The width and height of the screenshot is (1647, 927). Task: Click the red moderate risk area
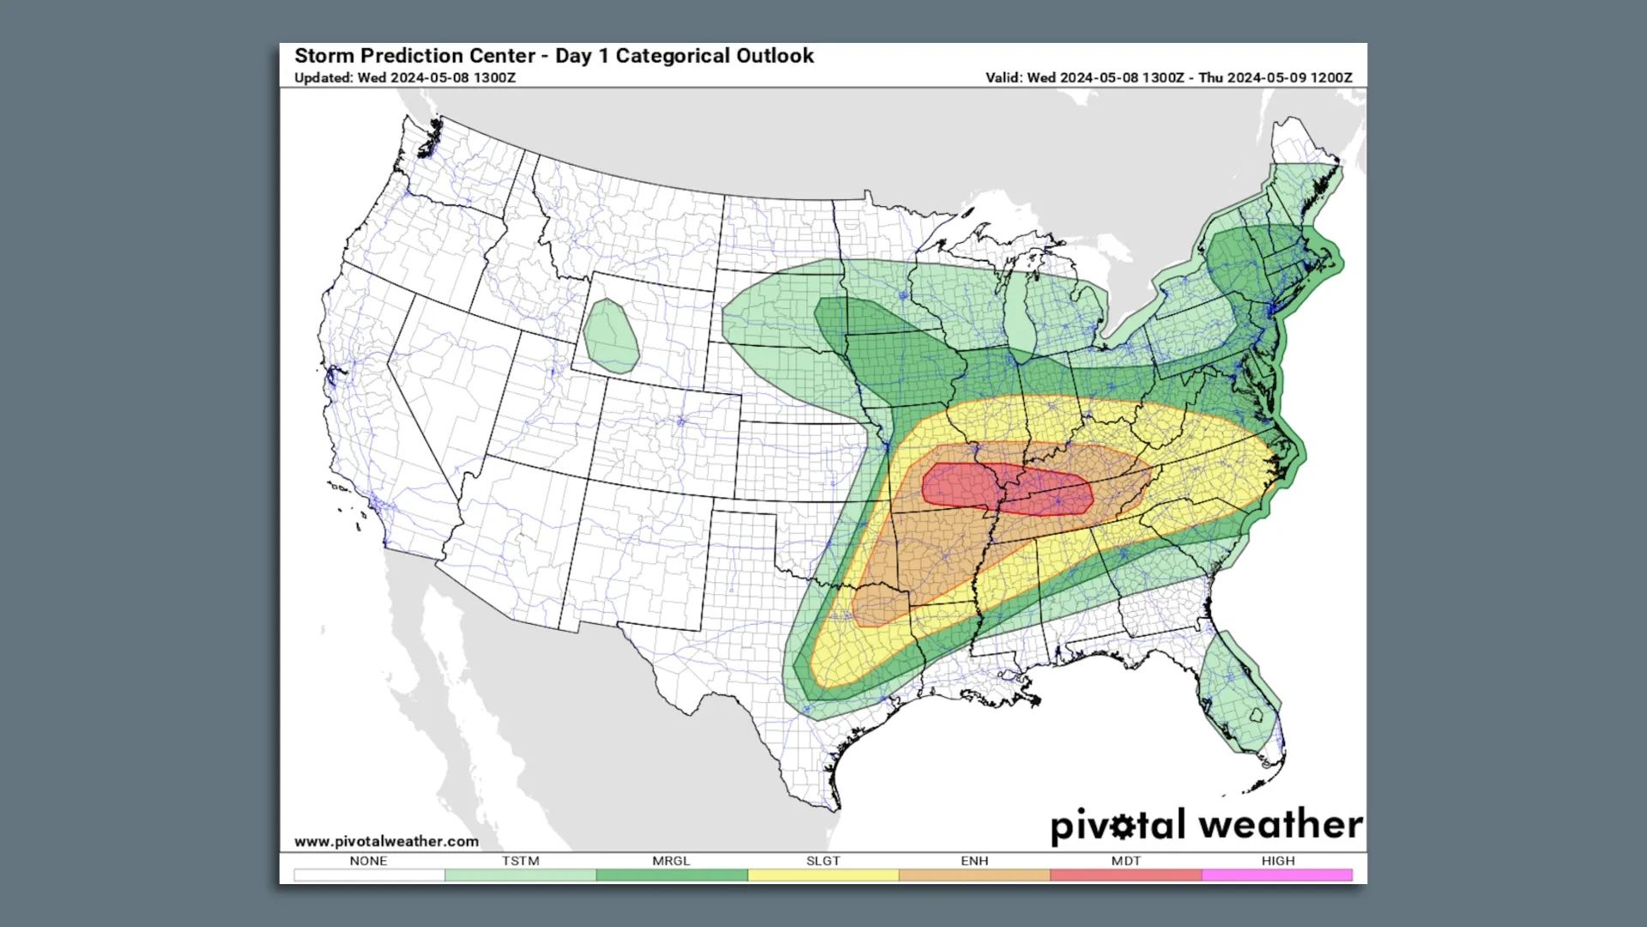tap(1004, 489)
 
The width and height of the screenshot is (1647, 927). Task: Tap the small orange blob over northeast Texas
tap(875, 604)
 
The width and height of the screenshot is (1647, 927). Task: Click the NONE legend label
tap(368, 860)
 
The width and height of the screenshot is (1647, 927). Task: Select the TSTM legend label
tap(520, 860)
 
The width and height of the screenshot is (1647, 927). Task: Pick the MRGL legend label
tap(671, 860)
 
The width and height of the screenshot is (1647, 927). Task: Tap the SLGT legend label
tap(823, 860)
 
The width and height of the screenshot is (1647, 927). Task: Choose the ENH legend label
tap(974, 860)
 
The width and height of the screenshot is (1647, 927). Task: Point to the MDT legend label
tap(1125, 860)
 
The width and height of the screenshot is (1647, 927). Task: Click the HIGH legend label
tap(1277, 860)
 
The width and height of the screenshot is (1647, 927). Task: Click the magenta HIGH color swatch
tap(1277, 875)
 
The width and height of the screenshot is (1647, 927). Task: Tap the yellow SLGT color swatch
tap(823, 875)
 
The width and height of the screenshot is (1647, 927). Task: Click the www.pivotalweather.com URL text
tap(386, 841)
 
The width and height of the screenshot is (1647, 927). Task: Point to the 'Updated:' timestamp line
tap(405, 77)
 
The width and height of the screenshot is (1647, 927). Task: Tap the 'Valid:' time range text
tap(1168, 77)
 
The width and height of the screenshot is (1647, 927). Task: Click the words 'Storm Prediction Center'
tap(413, 56)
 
